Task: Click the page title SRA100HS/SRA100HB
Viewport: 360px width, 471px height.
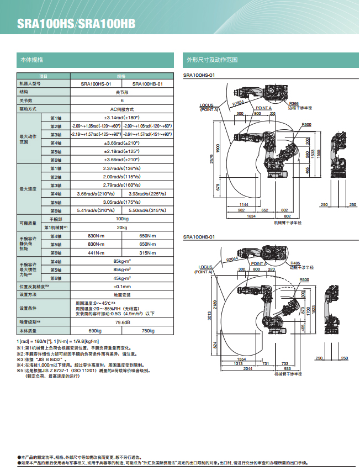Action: click(76, 24)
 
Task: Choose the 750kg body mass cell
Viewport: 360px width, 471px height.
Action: click(148, 330)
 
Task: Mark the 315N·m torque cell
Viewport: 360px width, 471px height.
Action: click(148, 252)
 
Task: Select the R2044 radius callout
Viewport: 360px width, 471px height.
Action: click(232, 258)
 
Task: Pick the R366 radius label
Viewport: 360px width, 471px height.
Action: click(294, 103)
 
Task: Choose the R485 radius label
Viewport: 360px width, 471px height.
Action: click(295, 263)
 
